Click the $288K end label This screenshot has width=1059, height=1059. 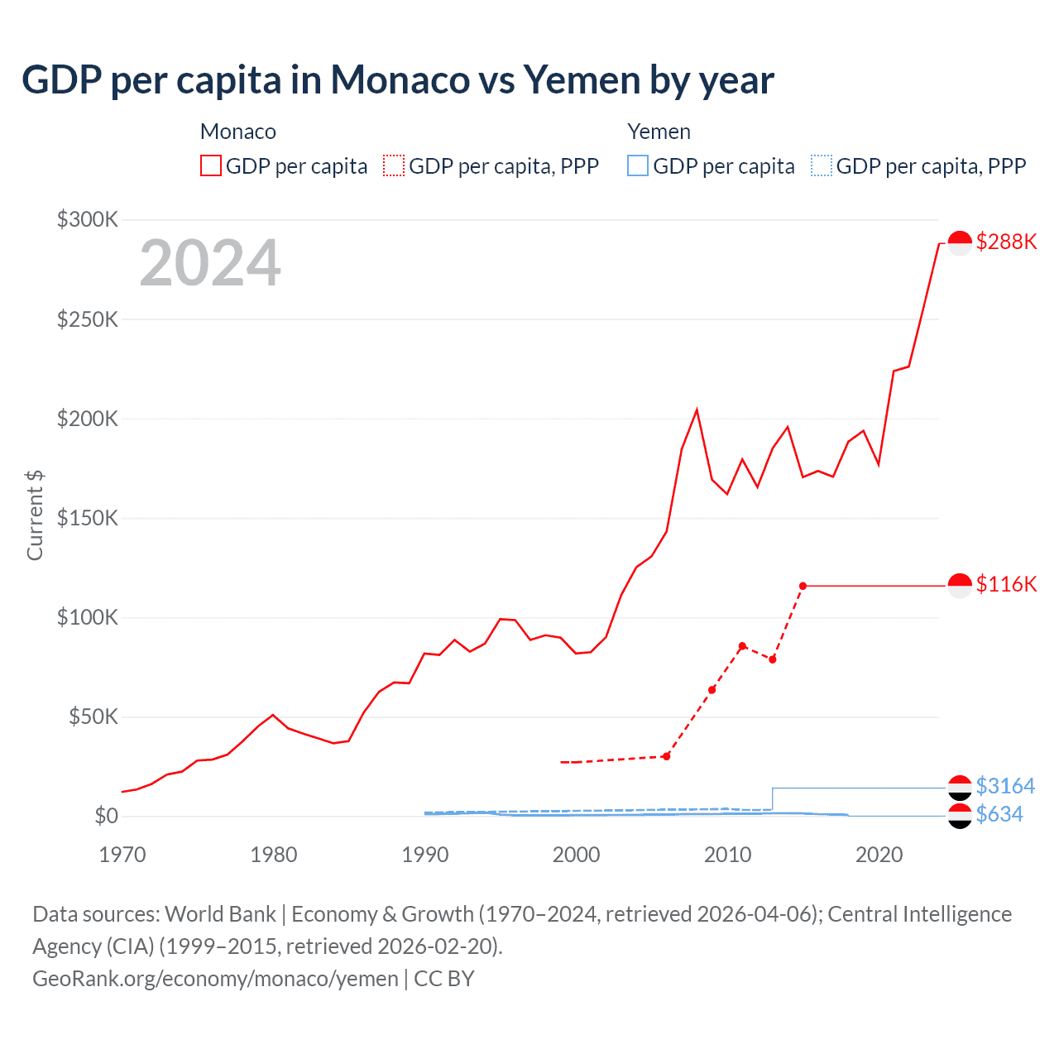[x=1006, y=242]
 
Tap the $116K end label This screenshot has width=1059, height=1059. [x=1006, y=584]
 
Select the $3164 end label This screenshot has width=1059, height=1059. [x=1005, y=785]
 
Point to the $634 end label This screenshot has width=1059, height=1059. [x=999, y=814]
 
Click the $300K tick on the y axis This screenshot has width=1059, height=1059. [x=88, y=219]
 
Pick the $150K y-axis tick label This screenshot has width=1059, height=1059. [x=88, y=518]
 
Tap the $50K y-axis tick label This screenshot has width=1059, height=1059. [x=93, y=716]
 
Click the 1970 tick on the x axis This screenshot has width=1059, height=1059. [x=122, y=855]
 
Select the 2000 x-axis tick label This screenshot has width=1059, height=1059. [x=576, y=855]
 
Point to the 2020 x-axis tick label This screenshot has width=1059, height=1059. [x=879, y=855]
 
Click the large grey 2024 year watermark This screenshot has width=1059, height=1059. [x=210, y=263]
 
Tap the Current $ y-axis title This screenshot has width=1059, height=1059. [x=35, y=515]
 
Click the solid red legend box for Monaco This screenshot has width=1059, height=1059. [x=211, y=165]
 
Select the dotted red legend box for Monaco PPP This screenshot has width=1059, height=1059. [x=394, y=165]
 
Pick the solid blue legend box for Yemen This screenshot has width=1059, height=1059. [x=638, y=165]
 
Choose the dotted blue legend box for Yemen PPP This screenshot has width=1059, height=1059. [x=822, y=165]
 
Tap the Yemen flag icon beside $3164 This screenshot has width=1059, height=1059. [x=959, y=788]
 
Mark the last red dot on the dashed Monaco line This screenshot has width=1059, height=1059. [x=803, y=586]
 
